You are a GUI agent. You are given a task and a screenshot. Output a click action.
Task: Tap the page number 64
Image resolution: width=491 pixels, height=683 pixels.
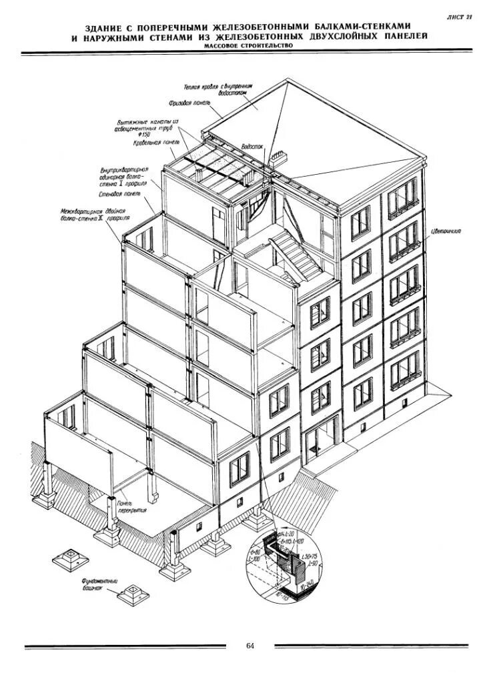(250, 646)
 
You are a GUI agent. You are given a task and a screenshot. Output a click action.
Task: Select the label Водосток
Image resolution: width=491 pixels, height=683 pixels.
(253, 144)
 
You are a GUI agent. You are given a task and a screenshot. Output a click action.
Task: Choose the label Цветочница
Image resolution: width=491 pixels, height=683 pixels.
(446, 231)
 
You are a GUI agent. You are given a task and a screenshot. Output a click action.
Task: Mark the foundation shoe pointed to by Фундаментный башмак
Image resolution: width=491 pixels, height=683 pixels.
(131, 594)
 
